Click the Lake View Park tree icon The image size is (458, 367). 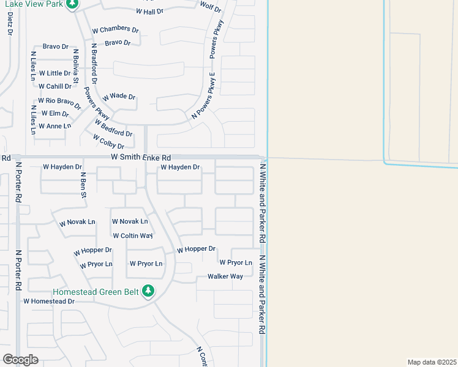[72, 4]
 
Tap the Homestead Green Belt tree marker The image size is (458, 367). [148, 291]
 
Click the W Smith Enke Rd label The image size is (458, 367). [140, 158]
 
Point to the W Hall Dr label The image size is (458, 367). [149, 12]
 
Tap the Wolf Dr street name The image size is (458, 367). [211, 7]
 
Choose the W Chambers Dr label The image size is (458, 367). [116, 29]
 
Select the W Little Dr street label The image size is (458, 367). [55, 73]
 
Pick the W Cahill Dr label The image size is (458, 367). [55, 86]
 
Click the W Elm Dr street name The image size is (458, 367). [55, 113]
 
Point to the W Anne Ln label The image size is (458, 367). [54, 126]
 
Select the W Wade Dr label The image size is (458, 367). [119, 97]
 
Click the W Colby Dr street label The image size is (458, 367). [109, 142]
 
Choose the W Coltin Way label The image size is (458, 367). [132, 235]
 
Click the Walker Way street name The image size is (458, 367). [225, 276]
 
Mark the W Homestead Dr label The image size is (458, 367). [49, 302]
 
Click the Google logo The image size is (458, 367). [20, 360]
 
